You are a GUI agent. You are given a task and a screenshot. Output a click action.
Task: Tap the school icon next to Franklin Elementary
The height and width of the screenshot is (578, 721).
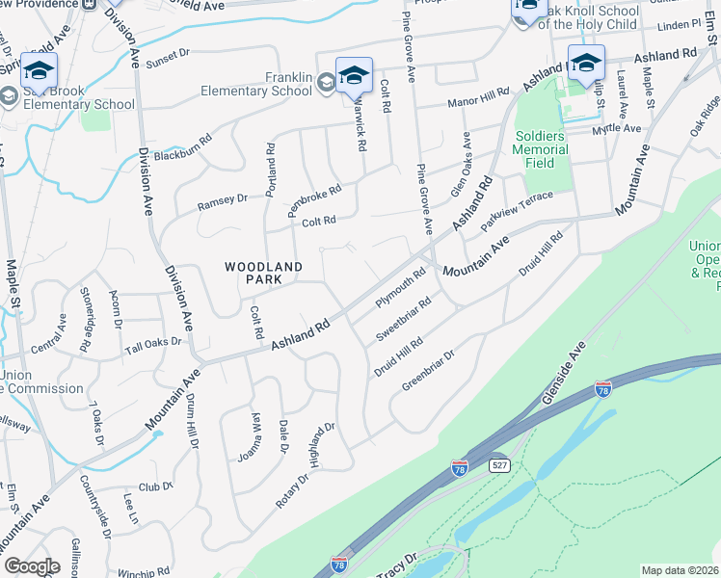pos(354,75)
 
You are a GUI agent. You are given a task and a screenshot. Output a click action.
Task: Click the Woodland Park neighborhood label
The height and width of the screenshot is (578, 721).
pos(264,273)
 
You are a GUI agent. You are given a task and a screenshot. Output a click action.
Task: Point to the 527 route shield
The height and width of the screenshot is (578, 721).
pos(496,464)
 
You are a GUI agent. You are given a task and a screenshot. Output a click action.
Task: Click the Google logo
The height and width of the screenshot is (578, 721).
pos(32,565)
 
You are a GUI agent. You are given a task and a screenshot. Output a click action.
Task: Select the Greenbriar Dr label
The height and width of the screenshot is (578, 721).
pos(428,370)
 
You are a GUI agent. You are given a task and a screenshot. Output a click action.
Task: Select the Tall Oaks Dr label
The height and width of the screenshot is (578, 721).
pos(152,344)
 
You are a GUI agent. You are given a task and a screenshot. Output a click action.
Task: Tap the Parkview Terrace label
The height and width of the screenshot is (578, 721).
pos(518,209)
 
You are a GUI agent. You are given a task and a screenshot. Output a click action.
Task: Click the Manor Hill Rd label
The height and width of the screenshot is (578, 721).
pos(475,101)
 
